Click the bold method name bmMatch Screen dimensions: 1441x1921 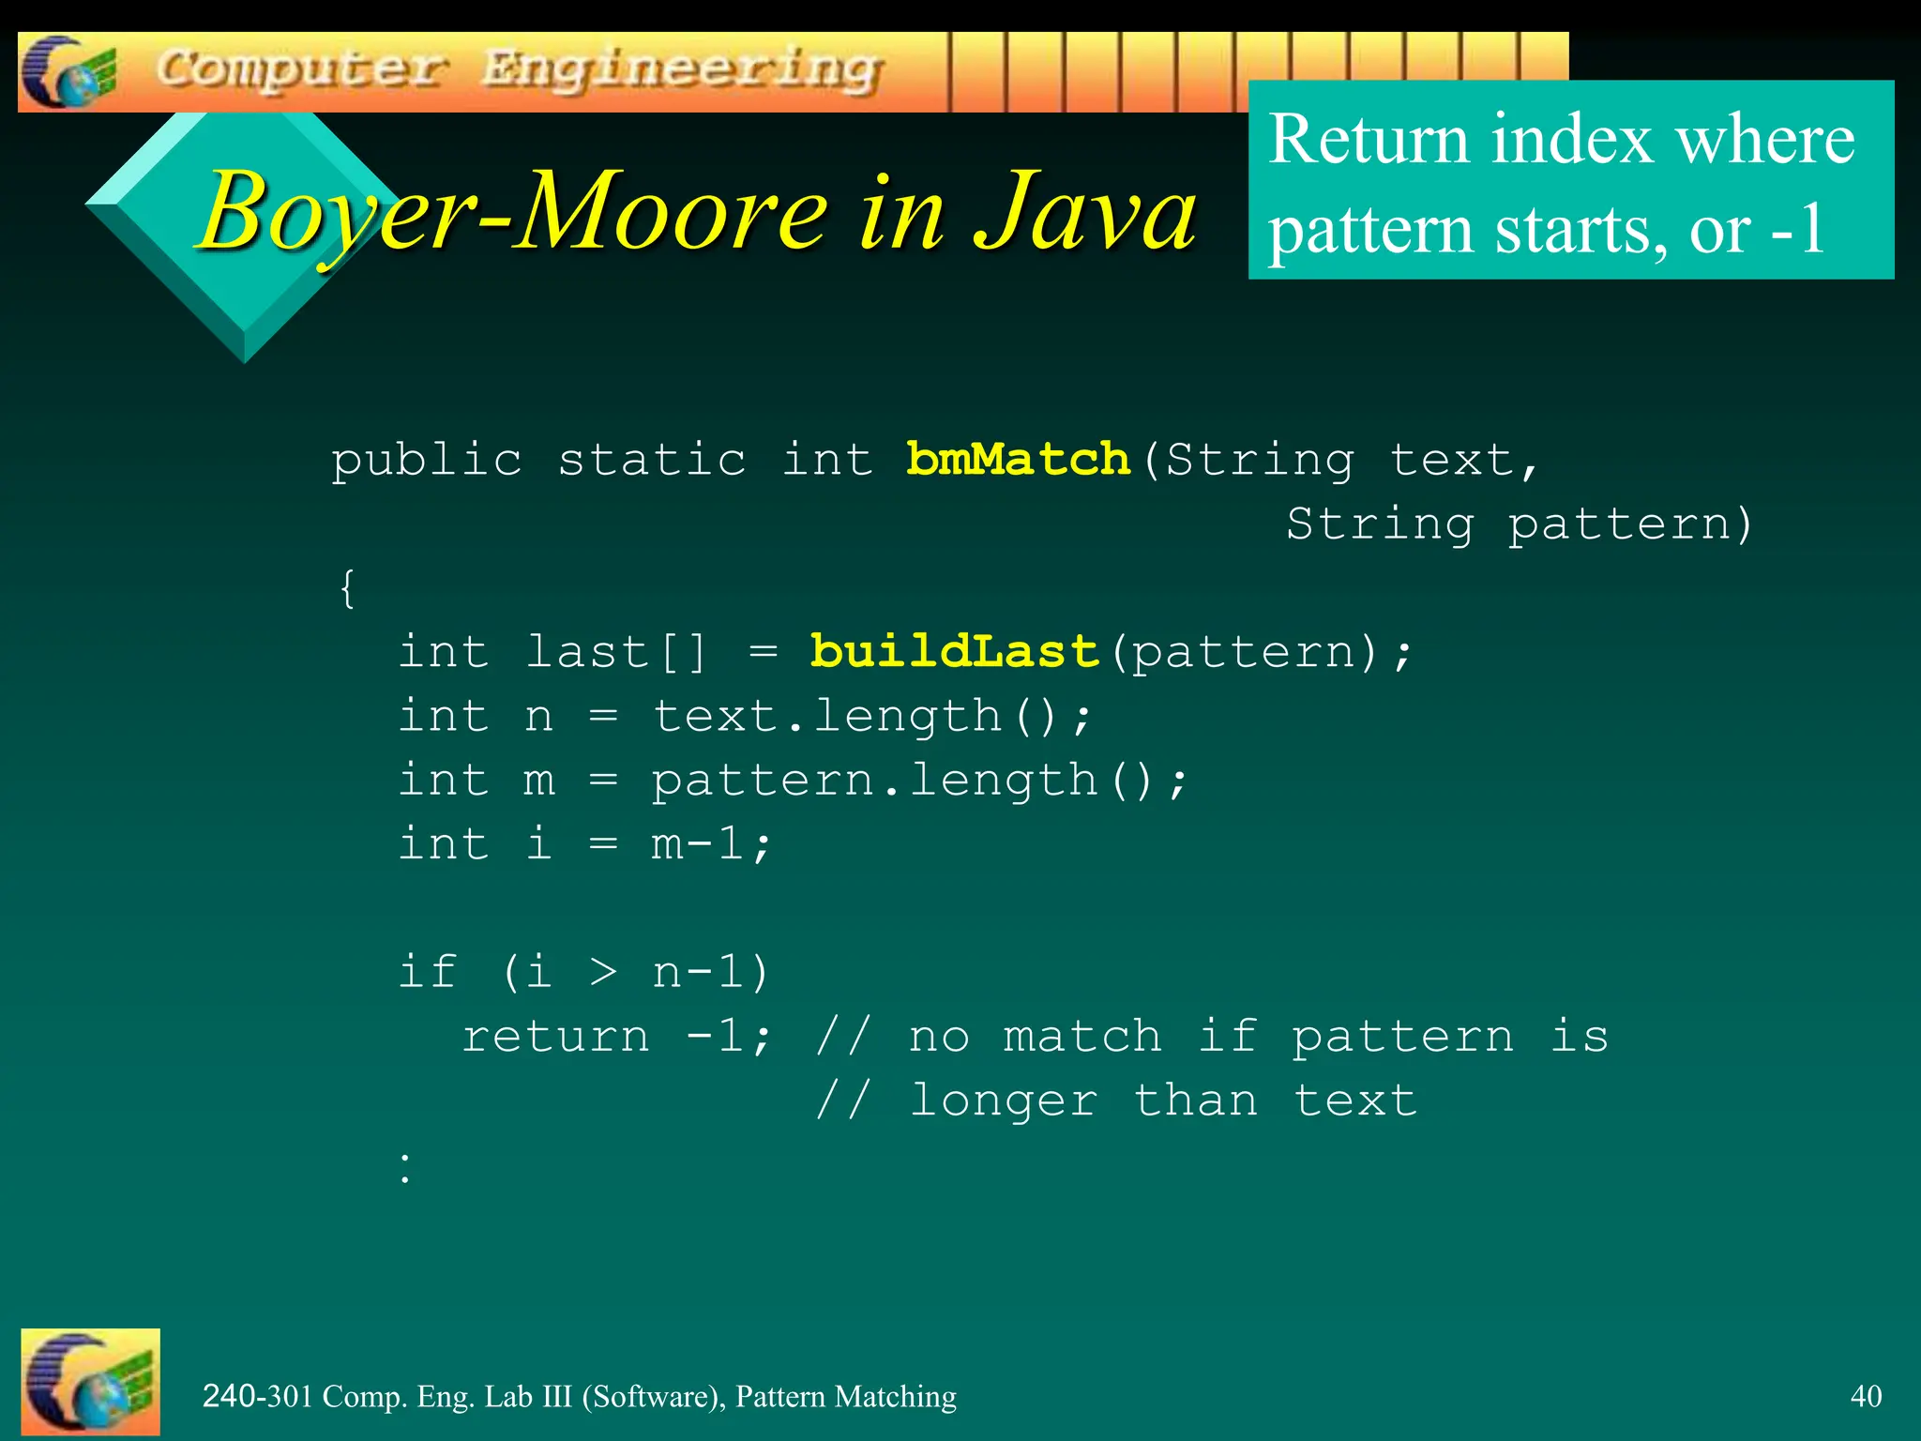point(1018,460)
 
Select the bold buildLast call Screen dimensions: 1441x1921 point(954,651)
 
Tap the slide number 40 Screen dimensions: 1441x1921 point(1866,1396)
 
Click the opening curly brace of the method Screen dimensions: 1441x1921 point(347,588)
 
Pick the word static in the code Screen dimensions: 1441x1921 point(652,460)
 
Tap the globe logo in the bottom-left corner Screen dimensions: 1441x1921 point(90,1381)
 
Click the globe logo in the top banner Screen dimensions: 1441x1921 point(68,72)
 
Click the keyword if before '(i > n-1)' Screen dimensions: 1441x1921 point(428,971)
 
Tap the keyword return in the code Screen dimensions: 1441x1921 point(555,1036)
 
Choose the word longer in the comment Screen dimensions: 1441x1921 point(1003,1100)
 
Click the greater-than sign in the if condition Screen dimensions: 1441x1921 point(603,973)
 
